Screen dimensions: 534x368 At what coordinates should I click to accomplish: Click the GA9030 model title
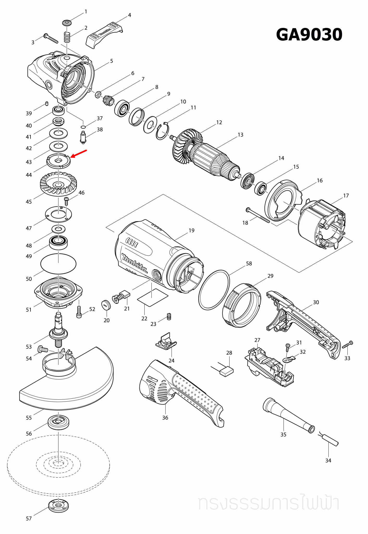click(x=309, y=35)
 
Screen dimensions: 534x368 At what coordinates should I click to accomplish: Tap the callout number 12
click(x=219, y=122)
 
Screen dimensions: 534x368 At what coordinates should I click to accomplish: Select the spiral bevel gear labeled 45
click(x=58, y=184)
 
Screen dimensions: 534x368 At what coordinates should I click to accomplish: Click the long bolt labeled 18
click(x=258, y=215)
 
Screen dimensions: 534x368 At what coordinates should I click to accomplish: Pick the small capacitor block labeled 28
click(x=226, y=371)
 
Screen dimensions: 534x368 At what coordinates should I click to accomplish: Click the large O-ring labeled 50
click(x=58, y=264)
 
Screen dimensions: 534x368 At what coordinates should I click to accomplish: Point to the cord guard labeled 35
click(x=288, y=416)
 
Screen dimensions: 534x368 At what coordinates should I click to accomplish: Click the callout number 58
click(x=249, y=264)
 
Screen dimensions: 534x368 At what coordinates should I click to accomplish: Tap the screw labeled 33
click(x=348, y=345)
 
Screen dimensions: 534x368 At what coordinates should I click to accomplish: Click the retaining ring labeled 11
click(x=163, y=131)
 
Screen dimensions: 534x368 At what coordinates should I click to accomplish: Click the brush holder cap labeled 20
click(x=106, y=305)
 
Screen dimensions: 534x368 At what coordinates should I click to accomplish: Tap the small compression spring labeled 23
click(x=169, y=316)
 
